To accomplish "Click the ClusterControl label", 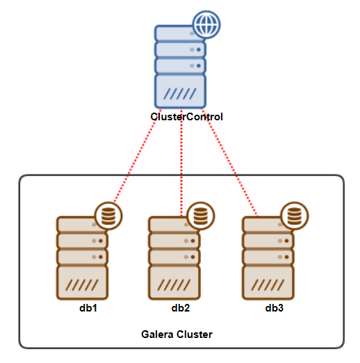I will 186,117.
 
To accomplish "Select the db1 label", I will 88,307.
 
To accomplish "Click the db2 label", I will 181,307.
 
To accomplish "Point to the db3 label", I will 275,307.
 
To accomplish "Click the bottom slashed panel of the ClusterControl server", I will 181,92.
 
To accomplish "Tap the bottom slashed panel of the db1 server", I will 82,284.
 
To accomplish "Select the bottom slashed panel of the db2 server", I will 174,284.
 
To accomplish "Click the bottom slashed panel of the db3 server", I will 268,284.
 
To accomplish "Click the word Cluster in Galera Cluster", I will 195,334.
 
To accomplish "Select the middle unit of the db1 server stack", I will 82,241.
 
